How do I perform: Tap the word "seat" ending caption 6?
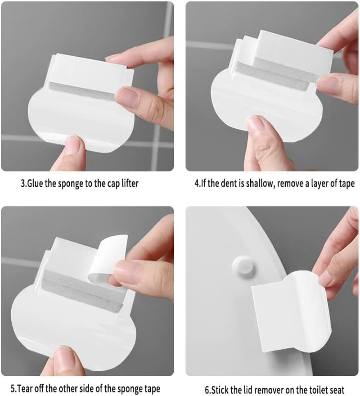coord(336,389)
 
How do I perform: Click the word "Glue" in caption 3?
coord(38,184)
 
